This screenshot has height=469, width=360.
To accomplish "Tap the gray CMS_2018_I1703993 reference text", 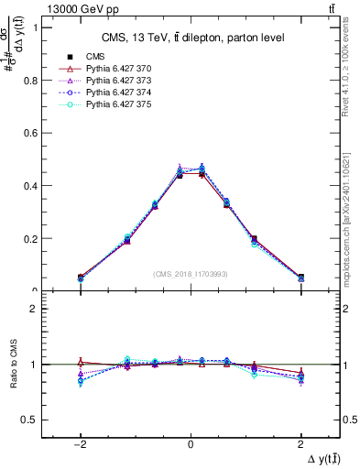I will click(191, 274).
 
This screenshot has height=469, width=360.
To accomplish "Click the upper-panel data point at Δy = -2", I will click(81, 277).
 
